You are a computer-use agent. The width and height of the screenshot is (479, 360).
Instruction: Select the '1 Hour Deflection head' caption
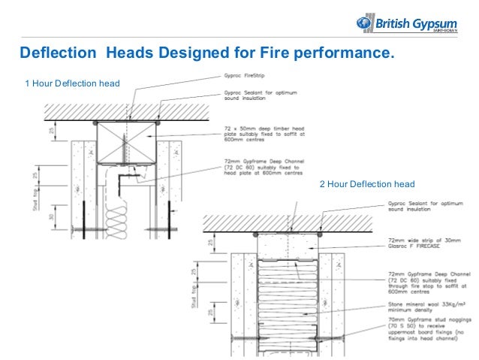tap(73, 82)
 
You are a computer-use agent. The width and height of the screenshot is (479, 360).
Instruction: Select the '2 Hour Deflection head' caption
tap(367, 184)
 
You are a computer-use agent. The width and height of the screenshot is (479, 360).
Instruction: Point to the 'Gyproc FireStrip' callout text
tap(243, 76)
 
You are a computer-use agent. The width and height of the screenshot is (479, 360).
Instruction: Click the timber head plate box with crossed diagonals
tap(126, 141)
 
